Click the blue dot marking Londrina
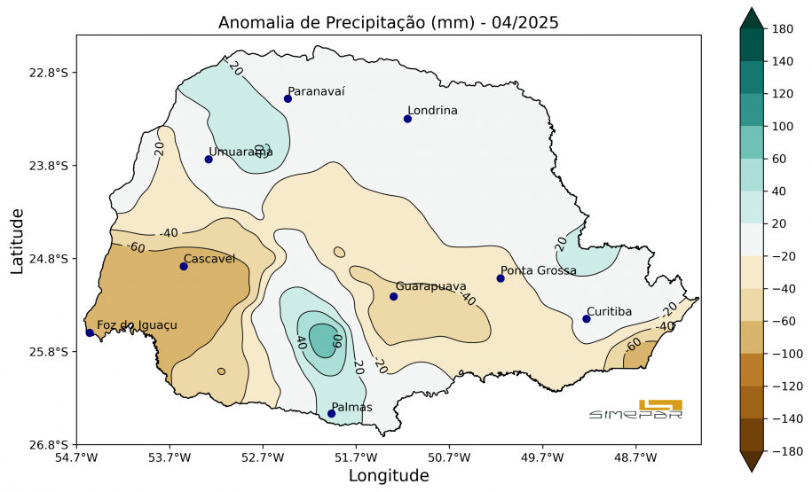point(408,119)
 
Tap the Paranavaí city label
point(316,91)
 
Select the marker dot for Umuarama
point(209,160)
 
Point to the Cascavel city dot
point(184,266)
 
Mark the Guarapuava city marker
point(393,296)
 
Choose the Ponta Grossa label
point(538,270)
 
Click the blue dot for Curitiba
point(587,319)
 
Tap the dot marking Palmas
point(331,413)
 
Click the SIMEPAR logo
point(635,410)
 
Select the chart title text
point(389,23)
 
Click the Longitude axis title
point(389,476)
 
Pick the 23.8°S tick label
point(50,166)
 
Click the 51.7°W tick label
point(356,457)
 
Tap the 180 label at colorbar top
point(782,29)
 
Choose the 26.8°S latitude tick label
point(50,444)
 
